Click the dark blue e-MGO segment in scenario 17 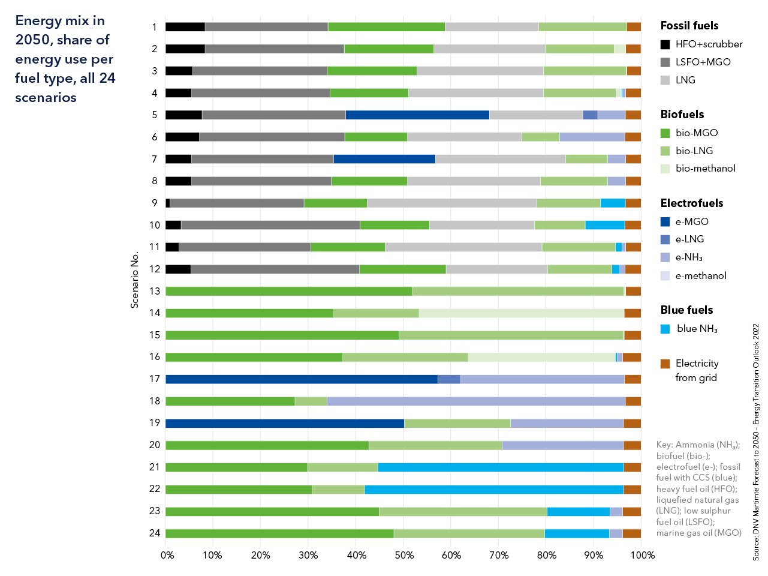[x=301, y=379]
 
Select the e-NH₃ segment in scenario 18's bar [x=475, y=401]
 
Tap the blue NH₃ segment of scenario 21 [x=500, y=467]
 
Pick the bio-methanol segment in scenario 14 [x=521, y=313]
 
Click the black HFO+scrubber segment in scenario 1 [x=185, y=27]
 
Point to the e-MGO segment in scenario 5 [x=417, y=115]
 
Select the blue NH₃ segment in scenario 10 [x=604, y=225]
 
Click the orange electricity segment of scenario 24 [x=631, y=533]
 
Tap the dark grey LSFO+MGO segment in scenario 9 [x=237, y=203]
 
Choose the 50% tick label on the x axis [x=404, y=556]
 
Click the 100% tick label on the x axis [x=643, y=556]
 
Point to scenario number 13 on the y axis [x=155, y=291]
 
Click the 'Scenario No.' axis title [x=135, y=280]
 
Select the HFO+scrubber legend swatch [x=665, y=44]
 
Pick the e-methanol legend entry [x=700, y=276]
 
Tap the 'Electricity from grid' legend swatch [x=665, y=364]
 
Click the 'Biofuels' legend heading [x=682, y=115]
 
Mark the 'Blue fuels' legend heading [x=686, y=310]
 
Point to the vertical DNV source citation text [x=756, y=442]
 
